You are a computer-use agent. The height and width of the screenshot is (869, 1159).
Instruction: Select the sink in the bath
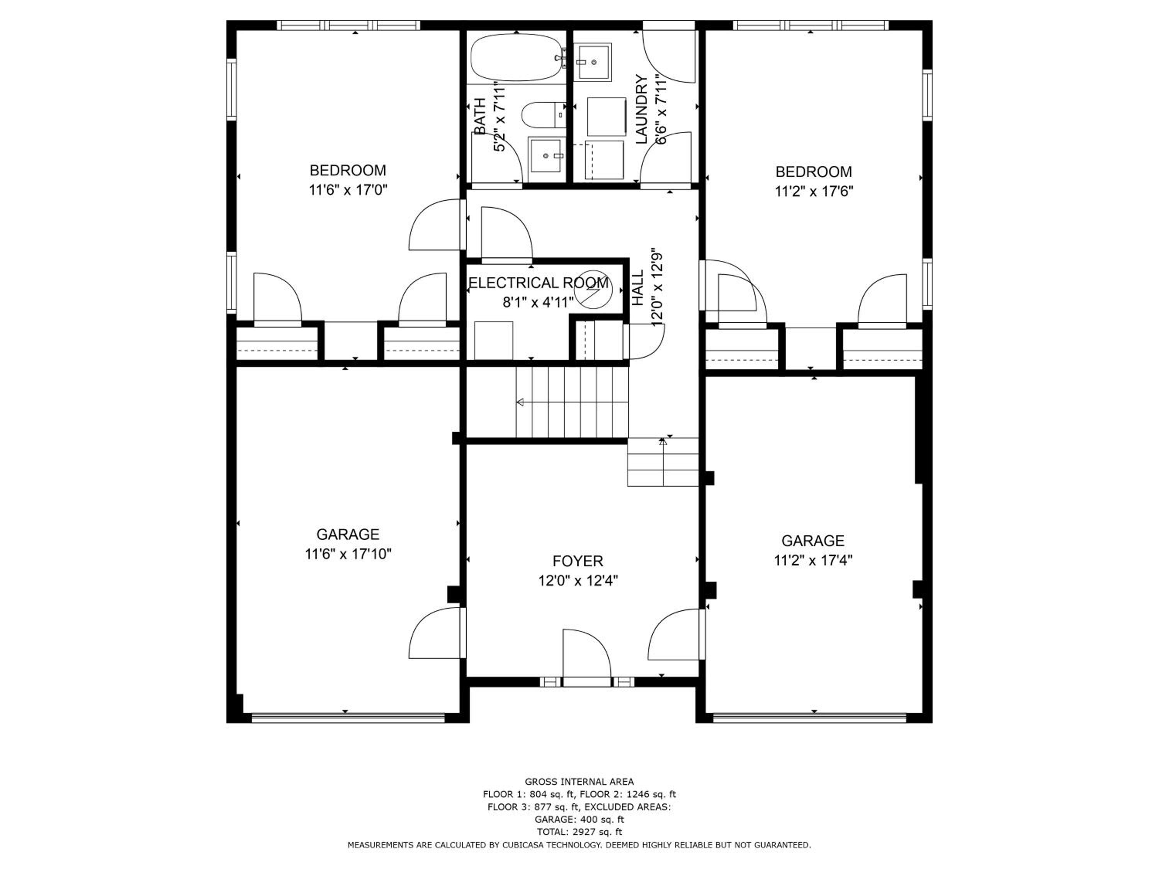[x=547, y=156]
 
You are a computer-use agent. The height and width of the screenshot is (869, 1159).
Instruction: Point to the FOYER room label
[x=578, y=562]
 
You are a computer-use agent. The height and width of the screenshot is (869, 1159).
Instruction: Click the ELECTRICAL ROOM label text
[x=539, y=283]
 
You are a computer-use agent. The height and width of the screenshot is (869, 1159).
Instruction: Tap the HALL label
[x=638, y=289]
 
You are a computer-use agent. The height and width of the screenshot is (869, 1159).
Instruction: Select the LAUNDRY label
[x=642, y=109]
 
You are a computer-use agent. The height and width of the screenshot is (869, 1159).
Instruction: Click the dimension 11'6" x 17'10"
[x=348, y=554]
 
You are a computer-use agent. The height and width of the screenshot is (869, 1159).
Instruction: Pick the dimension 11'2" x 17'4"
[x=813, y=560]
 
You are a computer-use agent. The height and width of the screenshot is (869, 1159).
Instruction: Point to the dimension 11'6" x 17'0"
[x=348, y=190]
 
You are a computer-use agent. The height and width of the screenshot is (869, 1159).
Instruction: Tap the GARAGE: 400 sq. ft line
[x=579, y=819]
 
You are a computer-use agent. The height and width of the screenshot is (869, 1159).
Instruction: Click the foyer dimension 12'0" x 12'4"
[x=578, y=581]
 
